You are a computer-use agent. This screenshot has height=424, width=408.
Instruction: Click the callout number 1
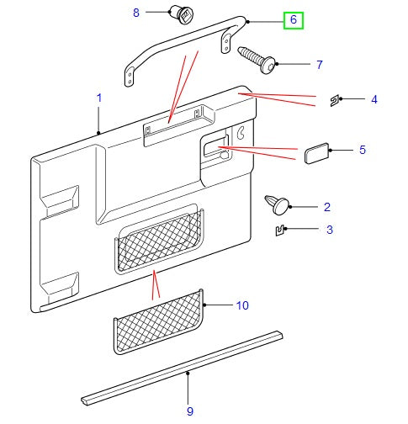click(98, 98)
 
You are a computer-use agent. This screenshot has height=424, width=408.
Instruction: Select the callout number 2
click(327, 206)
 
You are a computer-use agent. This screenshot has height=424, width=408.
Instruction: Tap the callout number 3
click(330, 230)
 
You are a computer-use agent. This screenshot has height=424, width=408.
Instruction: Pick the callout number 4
click(374, 100)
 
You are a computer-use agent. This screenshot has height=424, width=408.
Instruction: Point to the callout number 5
click(362, 151)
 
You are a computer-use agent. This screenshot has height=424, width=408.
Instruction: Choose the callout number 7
click(320, 64)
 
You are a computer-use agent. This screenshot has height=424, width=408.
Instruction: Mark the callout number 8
click(136, 13)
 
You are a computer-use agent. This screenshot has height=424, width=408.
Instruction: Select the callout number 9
click(190, 411)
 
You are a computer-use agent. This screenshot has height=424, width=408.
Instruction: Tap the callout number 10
click(241, 305)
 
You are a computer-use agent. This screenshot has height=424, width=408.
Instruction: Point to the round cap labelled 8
click(181, 14)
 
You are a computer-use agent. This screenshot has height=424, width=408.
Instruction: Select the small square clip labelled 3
click(281, 229)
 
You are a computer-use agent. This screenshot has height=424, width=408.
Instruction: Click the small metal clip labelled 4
click(334, 101)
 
